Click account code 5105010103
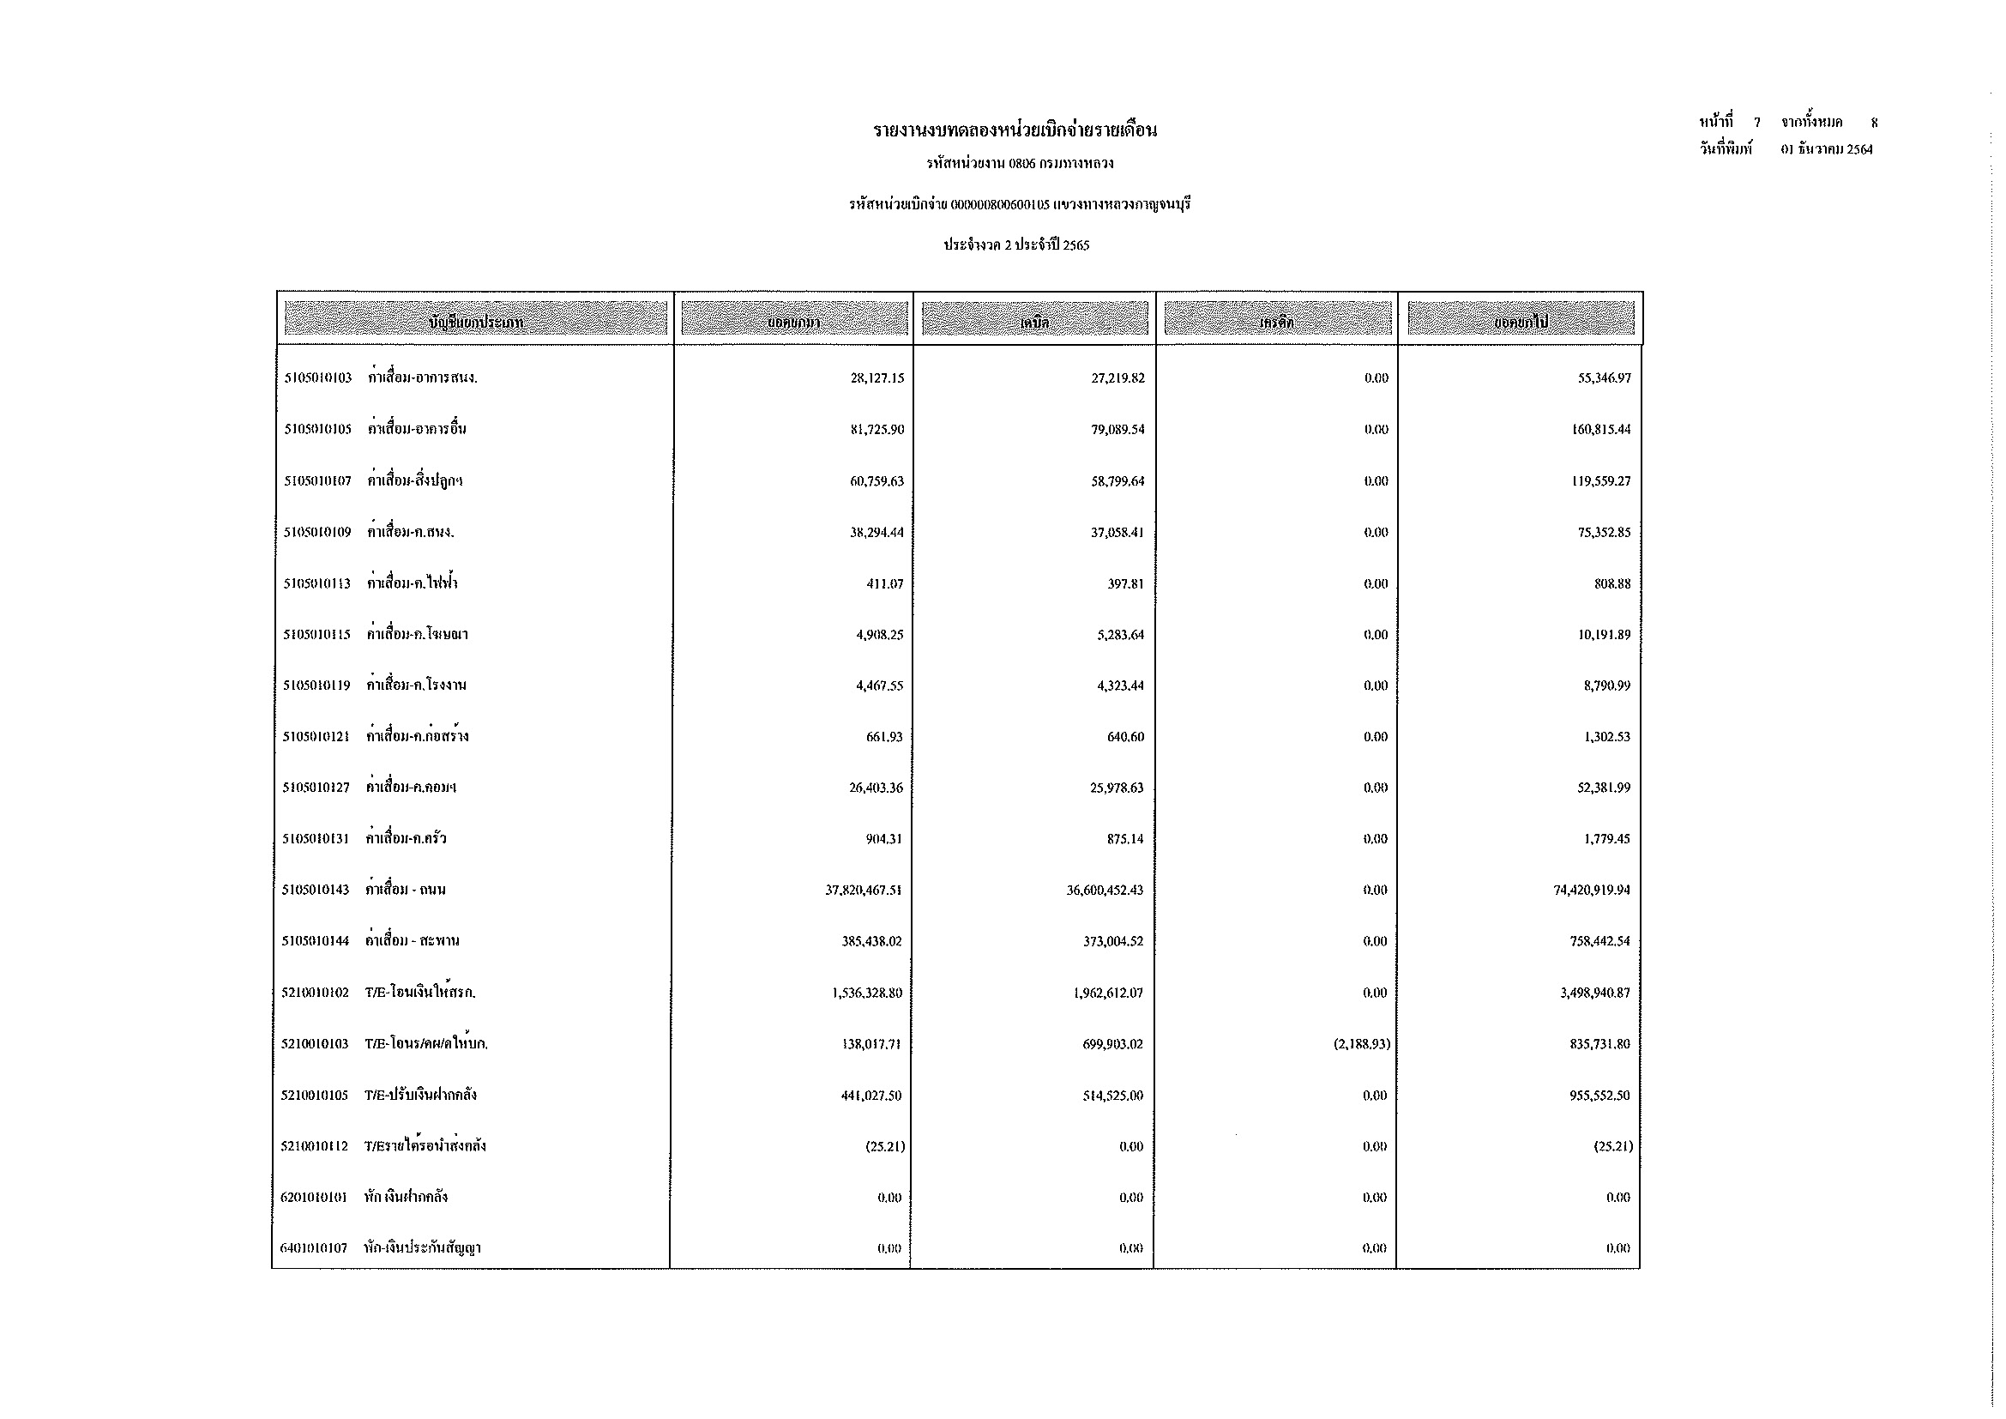click(318, 378)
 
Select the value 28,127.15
click(876, 378)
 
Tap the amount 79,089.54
click(1117, 430)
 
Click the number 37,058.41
click(1117, 533)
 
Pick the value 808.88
click(1612, 583)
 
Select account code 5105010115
click(316, 634)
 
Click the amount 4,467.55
click(879, 686)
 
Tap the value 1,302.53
click(1606, 737)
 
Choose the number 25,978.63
click(1117, 788)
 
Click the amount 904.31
click(884, 839)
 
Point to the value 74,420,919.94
click(1591, 891)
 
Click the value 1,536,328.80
click(867, 993)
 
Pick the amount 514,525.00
click(1112, 1096)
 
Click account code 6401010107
click(314, 1247)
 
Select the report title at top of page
click(1015, 131)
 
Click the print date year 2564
click(1859, 149)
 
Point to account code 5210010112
click(315, 1146)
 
